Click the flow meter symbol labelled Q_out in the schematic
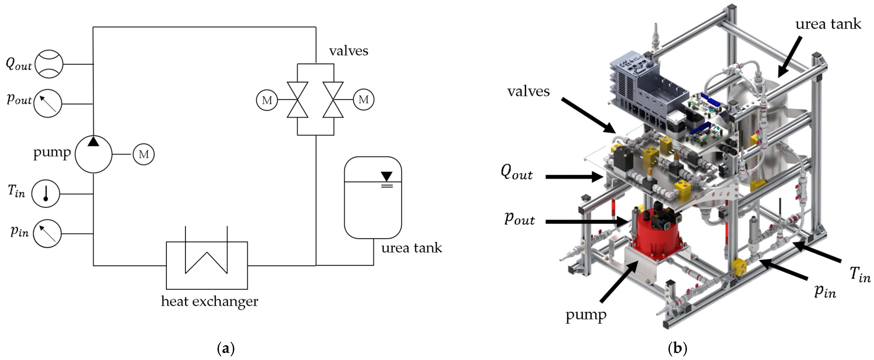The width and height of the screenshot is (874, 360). [49, 64]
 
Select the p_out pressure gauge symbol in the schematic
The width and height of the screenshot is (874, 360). [48, 103]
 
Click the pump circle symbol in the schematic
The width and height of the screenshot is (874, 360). [93, 154]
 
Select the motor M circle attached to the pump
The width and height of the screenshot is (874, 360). [144, 154]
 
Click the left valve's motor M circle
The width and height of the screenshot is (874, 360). [267, 100]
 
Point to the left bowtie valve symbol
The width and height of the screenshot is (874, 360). [298, 100]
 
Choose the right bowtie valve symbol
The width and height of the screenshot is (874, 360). [333, 100]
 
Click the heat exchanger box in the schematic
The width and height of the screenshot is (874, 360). [207, 265]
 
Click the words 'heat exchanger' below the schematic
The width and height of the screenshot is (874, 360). [209, 301]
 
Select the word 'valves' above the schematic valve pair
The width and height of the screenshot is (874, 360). [348, 51]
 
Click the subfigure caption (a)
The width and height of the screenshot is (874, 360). [226, 348]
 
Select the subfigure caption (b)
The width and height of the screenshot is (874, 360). [677, 348]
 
